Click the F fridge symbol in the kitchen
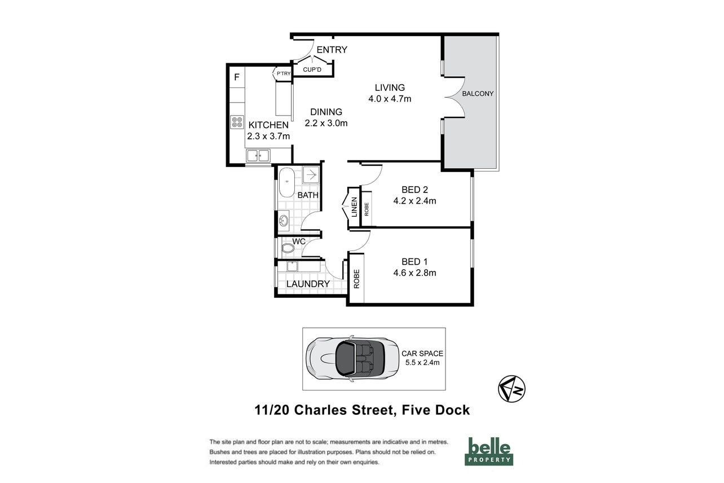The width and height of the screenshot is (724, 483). [x=237, y=77]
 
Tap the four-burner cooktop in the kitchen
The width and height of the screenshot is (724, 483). [x=237, y=122]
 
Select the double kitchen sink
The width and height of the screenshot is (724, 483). [x=258, y=156]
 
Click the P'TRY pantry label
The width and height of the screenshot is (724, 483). [x=284, y=73]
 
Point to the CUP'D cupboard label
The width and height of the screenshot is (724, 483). [x=312, y=69]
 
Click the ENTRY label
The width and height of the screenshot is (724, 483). [x=332, y=50]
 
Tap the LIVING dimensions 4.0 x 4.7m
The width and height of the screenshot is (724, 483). [x=390, y=99]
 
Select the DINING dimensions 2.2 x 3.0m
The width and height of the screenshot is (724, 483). [x=326, y=123]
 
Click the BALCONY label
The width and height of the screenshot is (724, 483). [x=478, y=94]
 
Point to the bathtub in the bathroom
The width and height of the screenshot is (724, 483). [x=286, y=182]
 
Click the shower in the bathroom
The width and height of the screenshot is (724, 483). [x=311, y=175]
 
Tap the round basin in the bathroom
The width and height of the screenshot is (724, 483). [x=284, y=221]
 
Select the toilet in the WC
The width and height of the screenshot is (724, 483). [x=287, y=248]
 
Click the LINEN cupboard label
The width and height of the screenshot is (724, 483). [x=354, y=207]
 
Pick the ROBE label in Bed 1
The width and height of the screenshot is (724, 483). [x=356, y=279]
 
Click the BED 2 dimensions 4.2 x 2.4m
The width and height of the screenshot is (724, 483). [x=414, y=201]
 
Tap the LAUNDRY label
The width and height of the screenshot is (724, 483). [x=308, y=284]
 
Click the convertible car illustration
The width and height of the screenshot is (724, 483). [x=352, y=358]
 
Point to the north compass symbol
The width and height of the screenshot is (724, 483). [x=511, y=389]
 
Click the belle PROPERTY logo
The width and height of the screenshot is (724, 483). [x=489, y=451]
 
